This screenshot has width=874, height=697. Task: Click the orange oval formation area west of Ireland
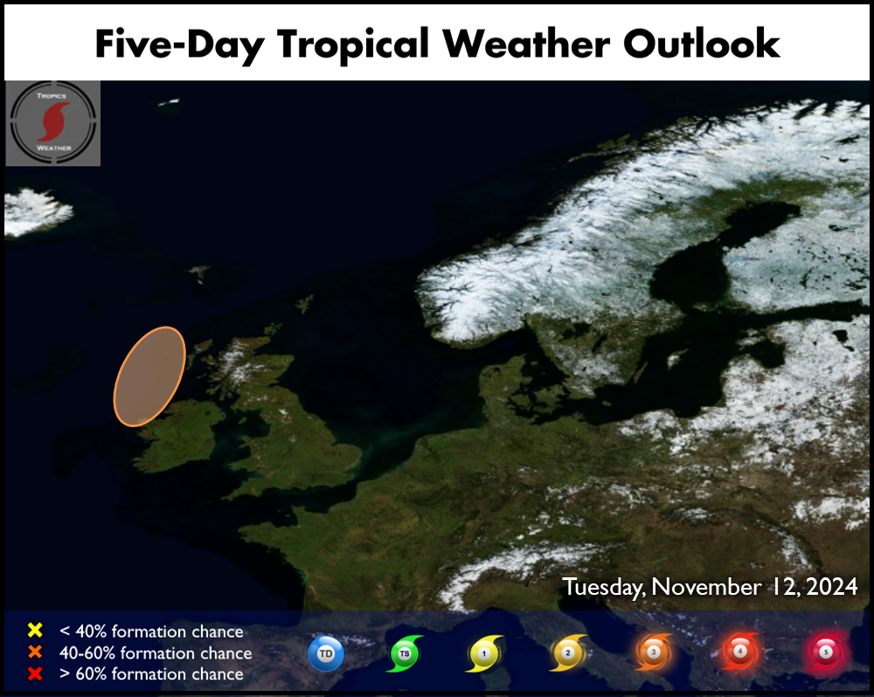point(149,376)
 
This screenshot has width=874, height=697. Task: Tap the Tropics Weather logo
point(53,123)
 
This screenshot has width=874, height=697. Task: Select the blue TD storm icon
point(326,653)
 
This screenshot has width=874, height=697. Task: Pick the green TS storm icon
point(405,653)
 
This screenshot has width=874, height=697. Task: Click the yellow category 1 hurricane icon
point(484,653)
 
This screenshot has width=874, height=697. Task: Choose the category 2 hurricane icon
point(568,652)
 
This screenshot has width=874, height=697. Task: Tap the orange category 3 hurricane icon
point(653,652)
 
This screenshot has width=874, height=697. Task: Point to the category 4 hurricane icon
point(739,651)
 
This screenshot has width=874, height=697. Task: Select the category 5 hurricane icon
point(826,652)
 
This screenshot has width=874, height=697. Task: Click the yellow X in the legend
point(35,630)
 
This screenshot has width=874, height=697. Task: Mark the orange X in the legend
point(35,652)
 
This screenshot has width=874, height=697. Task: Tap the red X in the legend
point(35,673)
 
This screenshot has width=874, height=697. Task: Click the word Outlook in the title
point(701,44)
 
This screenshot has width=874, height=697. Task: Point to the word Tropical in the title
point(353,45)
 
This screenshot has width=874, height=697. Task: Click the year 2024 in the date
point(832,587)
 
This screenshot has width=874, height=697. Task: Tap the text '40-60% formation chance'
point(156,652)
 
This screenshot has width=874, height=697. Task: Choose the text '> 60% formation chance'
point(151,673)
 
